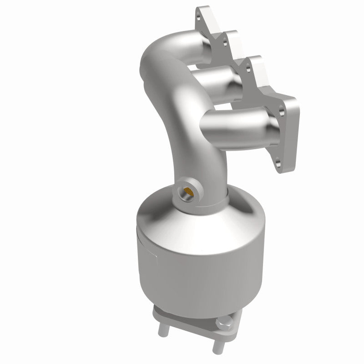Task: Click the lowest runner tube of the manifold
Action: coord(237,123)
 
